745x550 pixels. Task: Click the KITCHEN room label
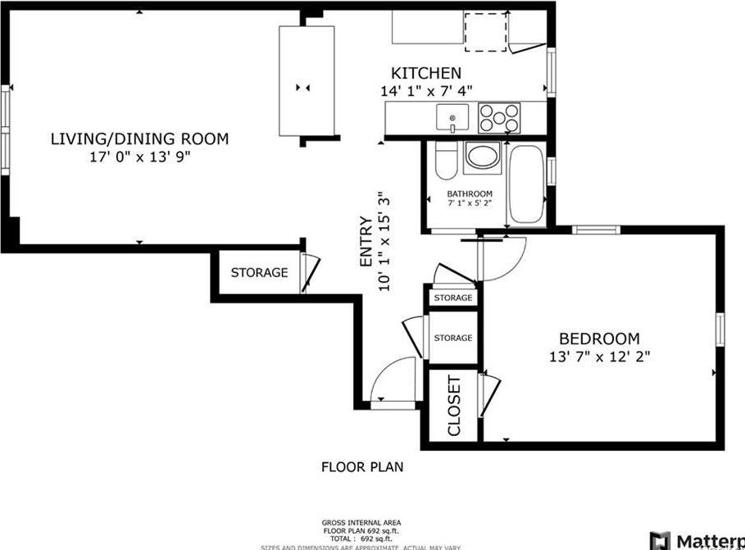point(425,73)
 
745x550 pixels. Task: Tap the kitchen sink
point(452,117)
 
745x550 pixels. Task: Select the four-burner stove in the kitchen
point(499,117)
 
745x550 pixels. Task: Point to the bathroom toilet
point(445,161)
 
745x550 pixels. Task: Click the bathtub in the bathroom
point(526,184)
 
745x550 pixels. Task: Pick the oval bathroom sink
point(482,157)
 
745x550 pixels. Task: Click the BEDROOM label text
point(599,339)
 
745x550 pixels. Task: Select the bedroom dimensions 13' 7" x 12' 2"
point(600,357)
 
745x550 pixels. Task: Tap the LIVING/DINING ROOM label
point(139,139)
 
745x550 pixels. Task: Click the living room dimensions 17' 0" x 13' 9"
point(139,157)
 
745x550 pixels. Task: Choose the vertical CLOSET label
point(454,406)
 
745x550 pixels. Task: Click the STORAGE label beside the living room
point(259,272)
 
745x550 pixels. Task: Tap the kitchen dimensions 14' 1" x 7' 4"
point(426,91)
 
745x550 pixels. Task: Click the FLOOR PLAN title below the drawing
point(361,467)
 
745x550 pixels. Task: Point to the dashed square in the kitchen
point(486,32)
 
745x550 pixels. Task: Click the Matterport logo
point(697,541)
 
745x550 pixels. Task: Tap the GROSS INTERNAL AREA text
point(361,522)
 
